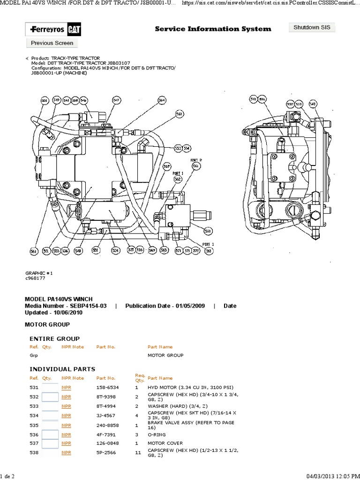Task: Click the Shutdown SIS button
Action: (x=312, y=27)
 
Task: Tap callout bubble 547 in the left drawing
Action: (x=116, y=100)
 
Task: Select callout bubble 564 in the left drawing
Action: (x=162, y=100)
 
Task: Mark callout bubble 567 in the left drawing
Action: (x=166, y=166)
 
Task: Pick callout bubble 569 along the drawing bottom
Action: (x=151, y=250)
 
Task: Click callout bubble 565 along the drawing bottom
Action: (x=164, y=250)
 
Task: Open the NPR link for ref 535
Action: (x=66, y=425)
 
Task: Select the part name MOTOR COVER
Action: (x=165, y=443)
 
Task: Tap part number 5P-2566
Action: (x=105, y=452)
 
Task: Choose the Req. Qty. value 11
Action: (x=137, y=452)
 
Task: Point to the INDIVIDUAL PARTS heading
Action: (x=62, y=369)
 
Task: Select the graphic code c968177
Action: (x=35, y=278)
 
